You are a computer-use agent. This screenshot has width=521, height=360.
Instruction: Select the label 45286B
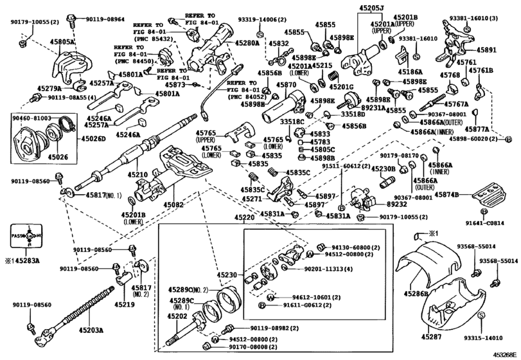pos(416,294)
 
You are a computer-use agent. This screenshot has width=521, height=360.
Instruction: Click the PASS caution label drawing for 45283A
pos(29,239)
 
